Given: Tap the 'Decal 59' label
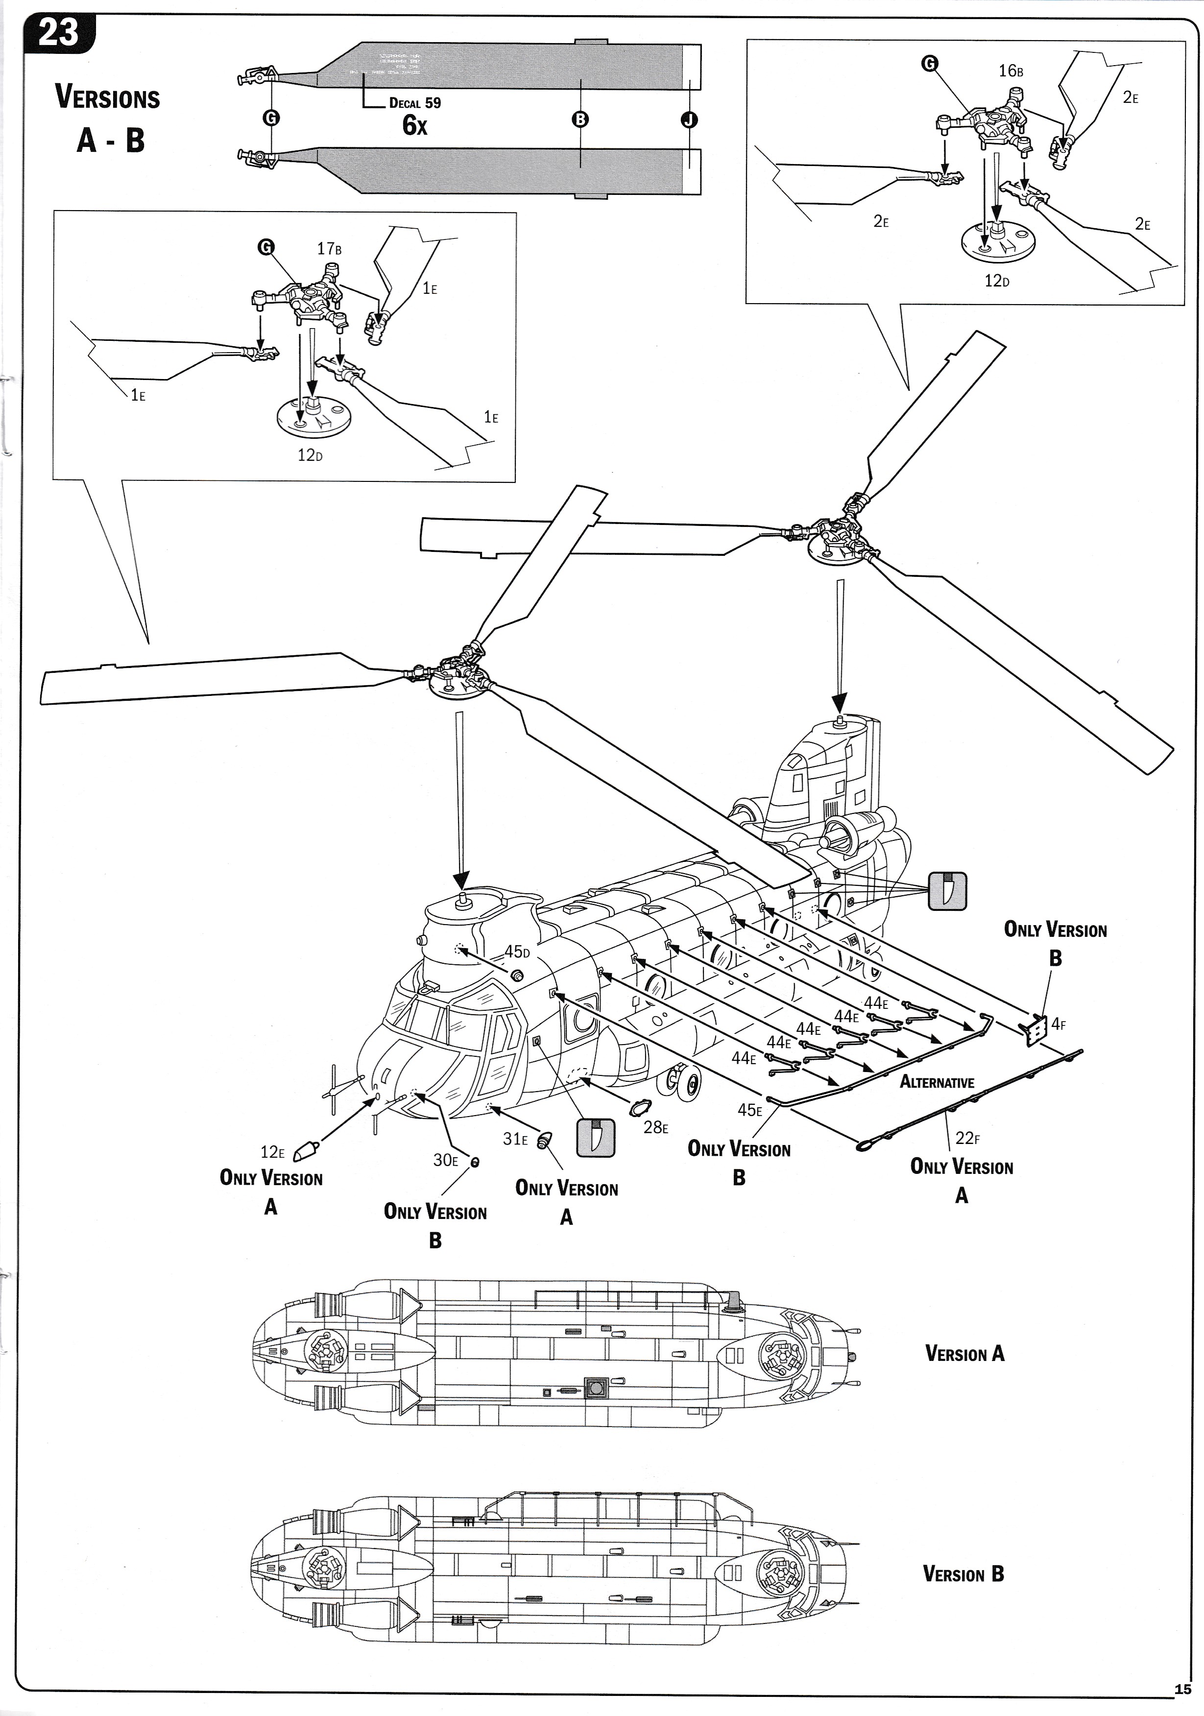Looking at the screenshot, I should click(415, 103).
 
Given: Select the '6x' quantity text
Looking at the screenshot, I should click(415, 125).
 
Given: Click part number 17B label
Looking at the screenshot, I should click(329, 249).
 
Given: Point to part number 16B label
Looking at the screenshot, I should click(1011, 71).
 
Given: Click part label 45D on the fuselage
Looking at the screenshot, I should click(516, 952).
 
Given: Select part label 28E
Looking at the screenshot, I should click(655, 1127).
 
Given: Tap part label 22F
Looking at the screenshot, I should click(967, 1138).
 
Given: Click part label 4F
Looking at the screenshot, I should click(1058, 1024).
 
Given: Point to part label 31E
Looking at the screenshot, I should click(515, 1139).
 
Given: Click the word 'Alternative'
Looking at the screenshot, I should click(937, 1082).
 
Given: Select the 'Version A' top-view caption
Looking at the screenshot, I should click(964, 1354).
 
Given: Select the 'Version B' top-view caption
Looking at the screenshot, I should click(963, 1574).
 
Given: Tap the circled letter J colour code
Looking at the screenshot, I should click(689, 119).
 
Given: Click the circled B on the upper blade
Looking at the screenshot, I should click(580, 119).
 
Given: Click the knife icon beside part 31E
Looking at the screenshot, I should click(596, 1138).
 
